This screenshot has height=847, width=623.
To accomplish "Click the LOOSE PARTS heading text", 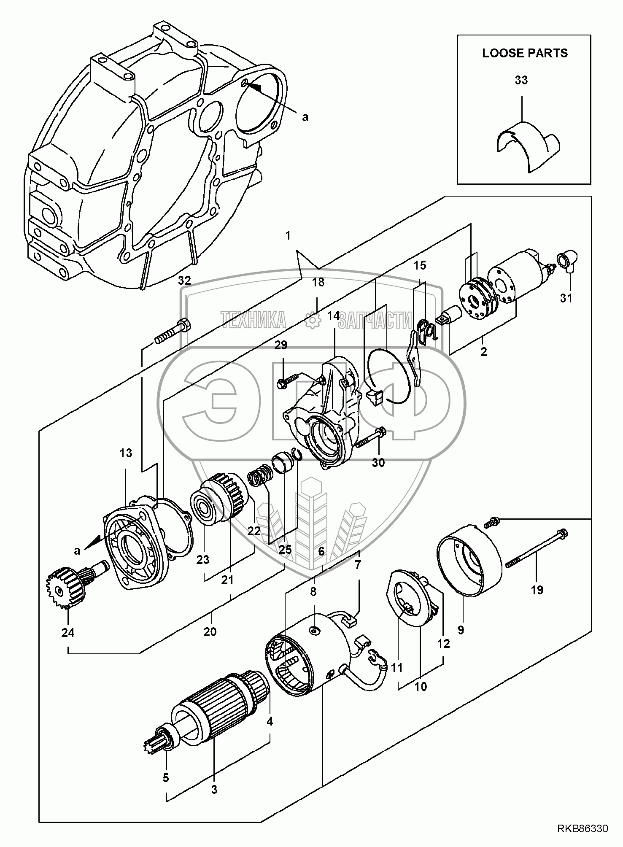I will click(525, 53).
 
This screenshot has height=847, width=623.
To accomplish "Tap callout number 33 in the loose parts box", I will click(521, 80).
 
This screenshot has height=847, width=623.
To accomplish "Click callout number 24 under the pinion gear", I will click(67, 633).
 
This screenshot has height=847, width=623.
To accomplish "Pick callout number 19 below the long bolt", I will click(537, 590).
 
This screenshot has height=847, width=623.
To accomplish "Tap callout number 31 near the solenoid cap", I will click(566, 298).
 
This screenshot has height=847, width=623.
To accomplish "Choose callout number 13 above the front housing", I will click(126, 453).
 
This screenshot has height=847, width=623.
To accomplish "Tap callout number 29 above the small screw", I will click(281, 345).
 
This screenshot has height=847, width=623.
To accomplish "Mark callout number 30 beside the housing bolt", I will click(378, 463).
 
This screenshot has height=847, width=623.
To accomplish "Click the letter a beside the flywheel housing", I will click(305, 117).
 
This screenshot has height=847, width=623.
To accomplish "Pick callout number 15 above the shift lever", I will click(420, 265).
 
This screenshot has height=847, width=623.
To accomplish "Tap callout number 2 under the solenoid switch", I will click(483, 351).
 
